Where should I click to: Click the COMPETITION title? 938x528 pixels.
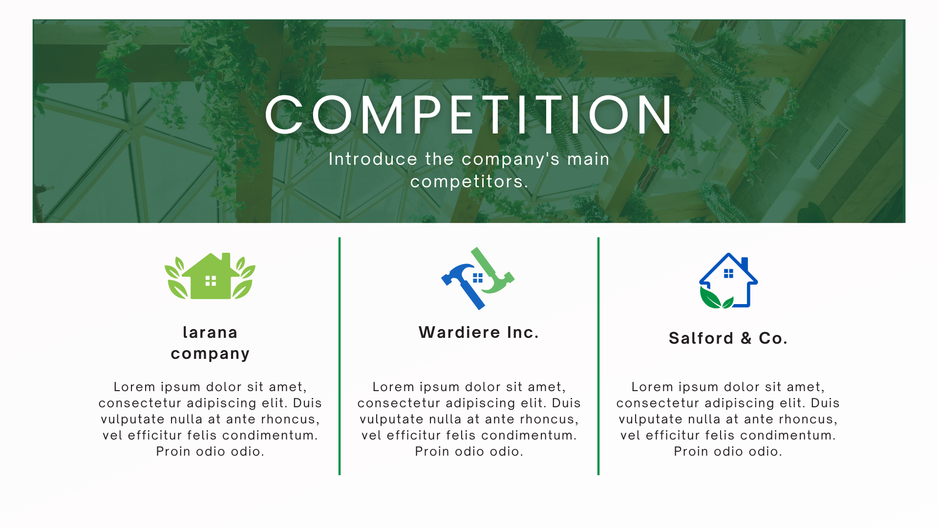click(469, 115)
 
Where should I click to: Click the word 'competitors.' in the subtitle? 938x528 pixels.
click(469, 182)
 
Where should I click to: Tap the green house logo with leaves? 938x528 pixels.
click(210, 276)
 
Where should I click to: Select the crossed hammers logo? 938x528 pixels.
click(478, 278)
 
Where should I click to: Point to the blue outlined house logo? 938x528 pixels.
click(728, 281)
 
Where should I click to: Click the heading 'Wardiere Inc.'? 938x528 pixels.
click(479, 332)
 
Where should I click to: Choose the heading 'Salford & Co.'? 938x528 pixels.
click(728, 338)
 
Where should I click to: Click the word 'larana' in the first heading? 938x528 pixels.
click(210, 332)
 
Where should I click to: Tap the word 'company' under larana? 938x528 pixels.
click(210, 354)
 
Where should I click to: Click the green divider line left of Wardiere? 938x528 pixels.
click(340, 356)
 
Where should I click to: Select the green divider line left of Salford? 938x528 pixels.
click(598, 356)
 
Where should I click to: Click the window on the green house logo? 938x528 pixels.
click(211, 281)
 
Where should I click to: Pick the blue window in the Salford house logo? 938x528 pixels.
click(728, 273)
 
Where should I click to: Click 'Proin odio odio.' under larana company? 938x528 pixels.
click(210, 452)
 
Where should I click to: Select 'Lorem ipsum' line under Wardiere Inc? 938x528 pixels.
click(469, 387)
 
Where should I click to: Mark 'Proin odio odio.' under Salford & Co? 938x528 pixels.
click(728, 452)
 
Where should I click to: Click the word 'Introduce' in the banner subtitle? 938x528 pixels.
click(373, 159)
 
